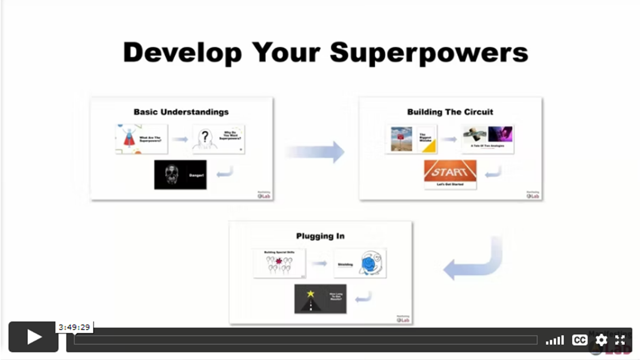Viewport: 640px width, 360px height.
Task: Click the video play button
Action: coord(33,337)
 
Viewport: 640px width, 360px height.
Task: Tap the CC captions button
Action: coord(579,340)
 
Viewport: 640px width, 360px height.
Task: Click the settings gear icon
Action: coord(601,340)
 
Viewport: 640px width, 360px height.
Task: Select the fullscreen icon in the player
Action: coord(620,340)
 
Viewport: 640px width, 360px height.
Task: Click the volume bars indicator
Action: coord(555,340)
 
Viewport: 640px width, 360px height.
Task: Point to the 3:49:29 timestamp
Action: coord(74,327)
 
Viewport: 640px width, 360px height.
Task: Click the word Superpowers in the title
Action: coord(429,53)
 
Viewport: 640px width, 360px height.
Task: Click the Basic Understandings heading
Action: coord(181,112)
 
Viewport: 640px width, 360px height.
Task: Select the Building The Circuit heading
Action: coord(450,112)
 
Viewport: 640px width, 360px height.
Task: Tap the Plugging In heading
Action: coord(320,236)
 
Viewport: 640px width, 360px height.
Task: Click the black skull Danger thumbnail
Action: coord(180,175)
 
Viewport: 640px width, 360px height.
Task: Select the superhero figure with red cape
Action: coord(129,138)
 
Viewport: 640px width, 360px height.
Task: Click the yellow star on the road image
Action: coord(311,294)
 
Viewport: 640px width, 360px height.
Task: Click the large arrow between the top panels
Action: coord(315,152)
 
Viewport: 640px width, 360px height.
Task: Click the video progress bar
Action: coord(305,340)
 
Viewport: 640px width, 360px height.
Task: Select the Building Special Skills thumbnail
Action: coord(279,263)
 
